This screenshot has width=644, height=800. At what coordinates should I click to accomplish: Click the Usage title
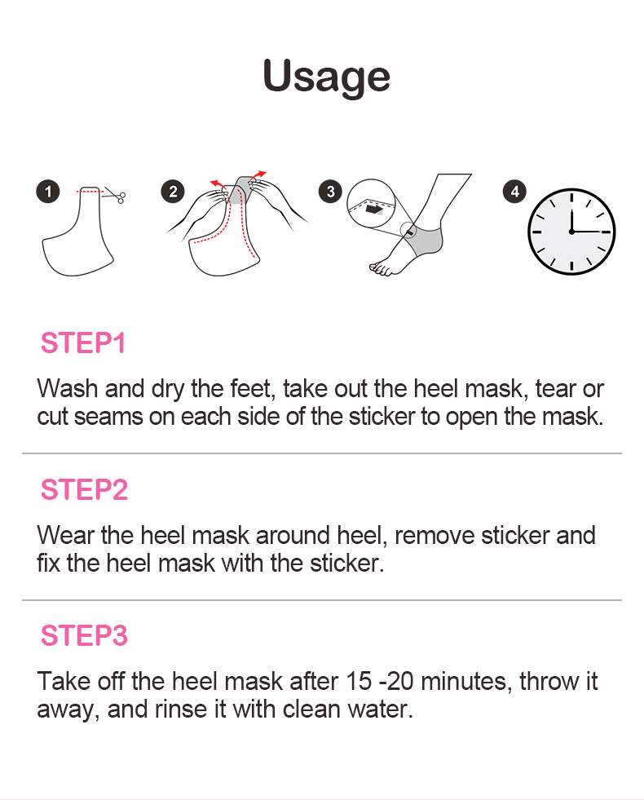[326, 77]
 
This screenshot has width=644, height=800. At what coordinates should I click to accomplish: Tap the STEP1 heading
[83, 343]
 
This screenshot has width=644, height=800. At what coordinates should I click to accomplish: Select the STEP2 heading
[84, 489]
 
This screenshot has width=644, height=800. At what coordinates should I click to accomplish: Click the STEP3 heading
[84, 636]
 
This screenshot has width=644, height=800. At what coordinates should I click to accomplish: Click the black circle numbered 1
[48, 192]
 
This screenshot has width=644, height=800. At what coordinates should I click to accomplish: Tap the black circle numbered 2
[173, 192]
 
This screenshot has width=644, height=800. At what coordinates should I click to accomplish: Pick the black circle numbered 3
[330, 192]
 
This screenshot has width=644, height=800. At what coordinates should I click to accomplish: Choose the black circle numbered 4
[514, 192]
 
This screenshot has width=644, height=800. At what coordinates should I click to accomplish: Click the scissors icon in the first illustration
[117, 195]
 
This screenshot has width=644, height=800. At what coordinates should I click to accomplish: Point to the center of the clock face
[571, 232]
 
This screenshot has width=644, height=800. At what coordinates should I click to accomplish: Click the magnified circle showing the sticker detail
[371, 204]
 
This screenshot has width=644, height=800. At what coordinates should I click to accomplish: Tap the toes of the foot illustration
[381, 268]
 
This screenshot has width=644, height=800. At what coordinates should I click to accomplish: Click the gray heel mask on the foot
[426, 241]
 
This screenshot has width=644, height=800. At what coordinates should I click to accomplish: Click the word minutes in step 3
[466, 682]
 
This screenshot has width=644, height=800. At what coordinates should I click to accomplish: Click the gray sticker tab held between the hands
[240, 190]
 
